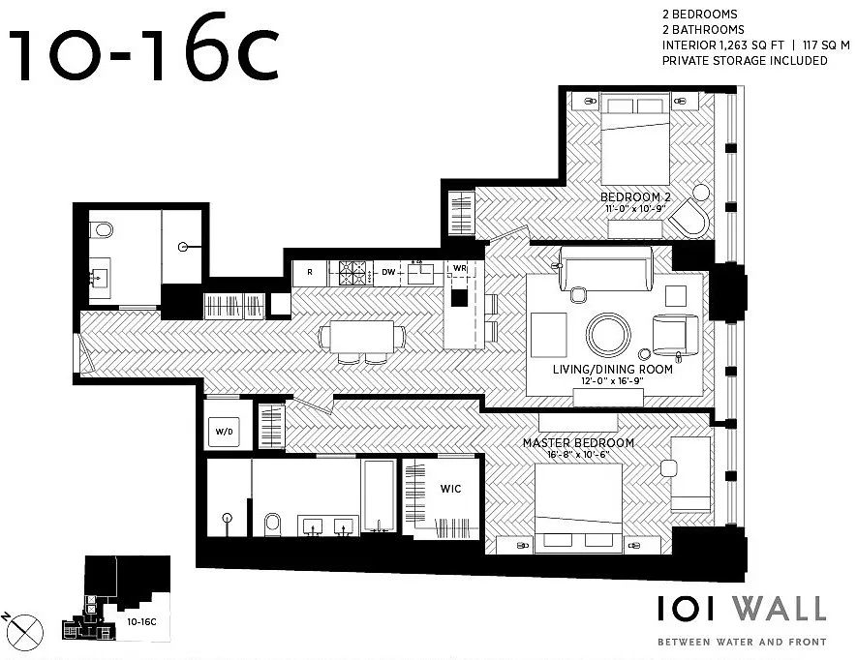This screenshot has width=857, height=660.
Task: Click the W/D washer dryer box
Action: coord(224,432)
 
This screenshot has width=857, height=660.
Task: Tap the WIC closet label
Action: coord(451,489)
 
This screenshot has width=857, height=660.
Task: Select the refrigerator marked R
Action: coord(310,273)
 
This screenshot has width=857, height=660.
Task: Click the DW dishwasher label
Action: coord(388,272)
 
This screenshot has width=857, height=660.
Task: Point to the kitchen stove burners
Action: coord(352,273)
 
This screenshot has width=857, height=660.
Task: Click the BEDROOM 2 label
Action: coord(635,197)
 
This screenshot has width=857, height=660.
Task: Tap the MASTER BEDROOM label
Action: coord(578,442)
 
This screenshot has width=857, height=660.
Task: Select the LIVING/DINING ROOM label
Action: coord(613,370)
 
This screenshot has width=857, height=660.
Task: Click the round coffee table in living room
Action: coord(608,335)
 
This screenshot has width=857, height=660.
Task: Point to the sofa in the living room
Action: coord(606,269)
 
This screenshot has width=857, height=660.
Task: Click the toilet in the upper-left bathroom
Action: coord(101,229)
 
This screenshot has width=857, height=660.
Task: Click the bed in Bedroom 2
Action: coord(635,140)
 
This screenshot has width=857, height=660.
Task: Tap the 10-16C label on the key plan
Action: coord(141,621)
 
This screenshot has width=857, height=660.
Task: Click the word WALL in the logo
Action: coord(780,609)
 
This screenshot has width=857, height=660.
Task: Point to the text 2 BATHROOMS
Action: coord(703,29)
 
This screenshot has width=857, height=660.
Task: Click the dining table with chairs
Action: coord(362,341)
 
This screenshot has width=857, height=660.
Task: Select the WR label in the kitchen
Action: coord(460,268)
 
